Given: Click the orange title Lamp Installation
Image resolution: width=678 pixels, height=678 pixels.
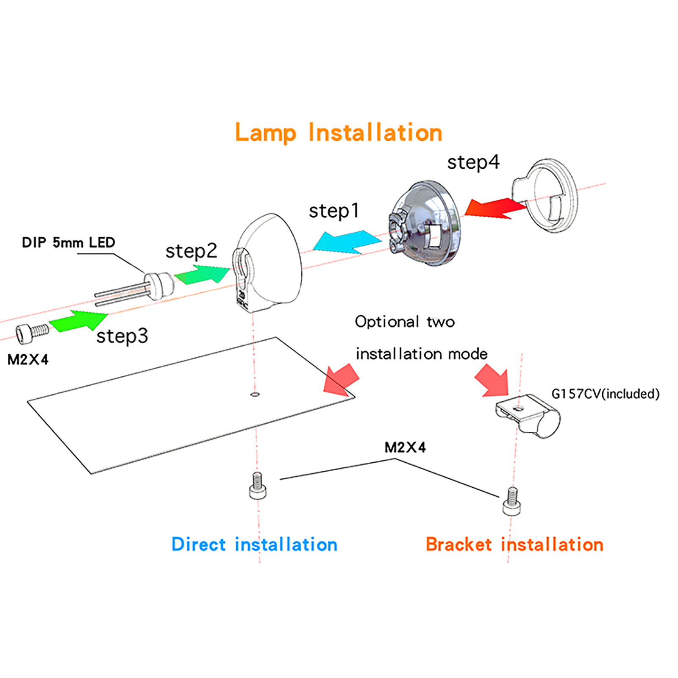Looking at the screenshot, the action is click(339, 133).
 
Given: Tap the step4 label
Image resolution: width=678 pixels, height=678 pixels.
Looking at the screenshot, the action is click(473, 162).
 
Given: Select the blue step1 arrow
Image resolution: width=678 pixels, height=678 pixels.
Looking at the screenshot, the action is click(347, 242).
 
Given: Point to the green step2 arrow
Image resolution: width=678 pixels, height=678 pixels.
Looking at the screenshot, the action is click(202, 274).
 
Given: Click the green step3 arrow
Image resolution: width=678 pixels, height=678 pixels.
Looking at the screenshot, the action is click(78, 320).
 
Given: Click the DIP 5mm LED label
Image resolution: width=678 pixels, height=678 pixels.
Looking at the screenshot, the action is click(68, 242).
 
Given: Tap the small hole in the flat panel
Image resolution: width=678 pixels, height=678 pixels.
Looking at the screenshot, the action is click(255, 395).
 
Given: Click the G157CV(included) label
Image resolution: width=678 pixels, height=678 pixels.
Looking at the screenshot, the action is click(606, 394).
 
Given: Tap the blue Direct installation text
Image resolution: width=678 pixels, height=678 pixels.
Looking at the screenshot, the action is click(254, 545).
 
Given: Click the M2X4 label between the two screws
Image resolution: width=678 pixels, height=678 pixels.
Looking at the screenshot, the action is click(405, 447).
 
